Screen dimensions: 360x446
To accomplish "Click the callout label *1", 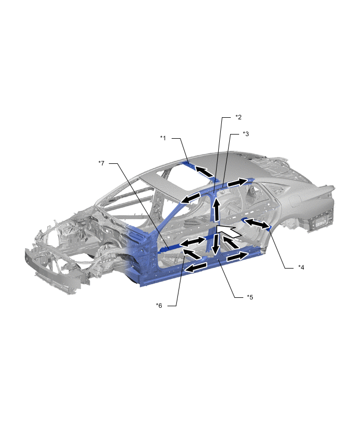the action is tap(163, 138).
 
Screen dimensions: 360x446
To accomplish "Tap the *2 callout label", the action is tap(238, 117).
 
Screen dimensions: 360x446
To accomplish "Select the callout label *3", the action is tap(246, 133).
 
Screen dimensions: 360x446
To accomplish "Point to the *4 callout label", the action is tap(301, 267).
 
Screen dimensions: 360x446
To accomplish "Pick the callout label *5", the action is tap(250, 297).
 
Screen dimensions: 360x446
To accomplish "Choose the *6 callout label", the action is tap(159, 306).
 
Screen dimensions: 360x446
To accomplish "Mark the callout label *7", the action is tap(102, 163).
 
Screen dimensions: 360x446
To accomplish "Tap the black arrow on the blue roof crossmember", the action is tap(204, 172).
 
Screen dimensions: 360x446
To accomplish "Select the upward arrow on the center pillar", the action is tap(217, 210).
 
